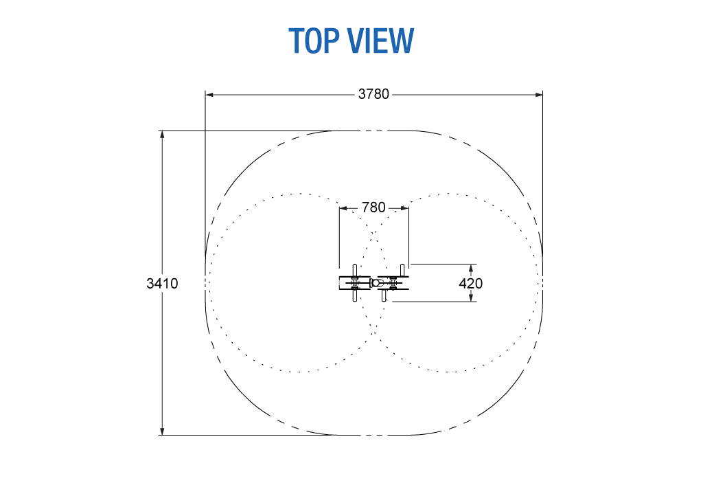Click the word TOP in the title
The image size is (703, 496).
(314, 41)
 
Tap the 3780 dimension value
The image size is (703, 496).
(373, 94)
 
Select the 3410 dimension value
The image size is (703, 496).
(162, 284)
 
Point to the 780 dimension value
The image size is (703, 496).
(373, 207)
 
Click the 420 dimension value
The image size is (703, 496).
(471, 284)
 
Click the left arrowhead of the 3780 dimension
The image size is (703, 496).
(209, 95)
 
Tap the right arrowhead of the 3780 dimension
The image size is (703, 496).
(539, 95)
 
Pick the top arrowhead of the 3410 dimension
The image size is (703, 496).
(162, 135)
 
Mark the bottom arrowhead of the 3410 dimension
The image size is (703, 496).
(162, 431)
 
